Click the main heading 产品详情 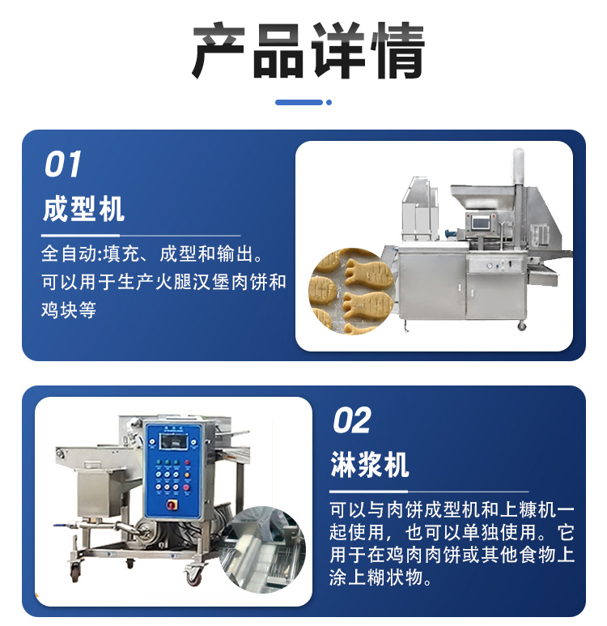coord(308,51)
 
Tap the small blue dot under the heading coord(329,103)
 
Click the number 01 coord(62,164)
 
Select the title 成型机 coord(83,209)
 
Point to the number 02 coord(351,420)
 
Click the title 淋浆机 coord(370,464)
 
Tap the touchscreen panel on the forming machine coord(481,223)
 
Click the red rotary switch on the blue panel coord(172,505)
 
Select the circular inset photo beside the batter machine coord(262,550)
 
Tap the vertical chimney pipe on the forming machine coord(518,167)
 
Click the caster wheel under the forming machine coord(521,326)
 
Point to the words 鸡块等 coord(68,310)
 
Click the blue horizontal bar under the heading coord(299,103)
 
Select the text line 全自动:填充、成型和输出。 coord(151,254)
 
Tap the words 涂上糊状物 coord(376,577)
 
